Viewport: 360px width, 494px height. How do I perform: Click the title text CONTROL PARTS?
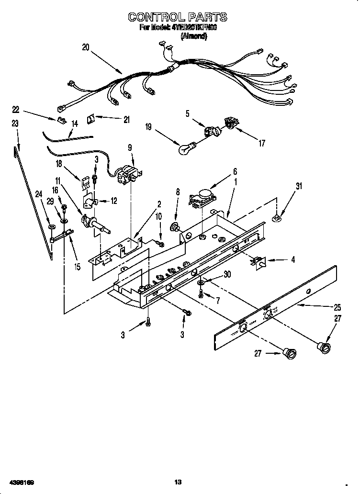[x=178, y=18]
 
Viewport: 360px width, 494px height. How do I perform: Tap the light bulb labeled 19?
[x=185, y=149]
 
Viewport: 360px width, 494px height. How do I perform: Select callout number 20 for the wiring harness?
[x=85, y=47]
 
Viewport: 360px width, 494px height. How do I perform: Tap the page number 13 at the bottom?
[x=178, y=482]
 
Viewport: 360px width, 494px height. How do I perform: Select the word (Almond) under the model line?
[x=193, y=36]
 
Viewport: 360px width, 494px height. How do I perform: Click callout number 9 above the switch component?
[x=129, y=148]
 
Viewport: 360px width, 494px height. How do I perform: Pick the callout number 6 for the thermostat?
[x=235, y=171]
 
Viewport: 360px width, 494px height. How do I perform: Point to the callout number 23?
[x=15, y=123]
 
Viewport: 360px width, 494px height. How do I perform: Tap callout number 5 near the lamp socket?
[x=188, y=113]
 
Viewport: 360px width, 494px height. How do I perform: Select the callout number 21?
[x=126, y=120]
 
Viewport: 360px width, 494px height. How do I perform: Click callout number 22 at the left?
[x=15, y=109]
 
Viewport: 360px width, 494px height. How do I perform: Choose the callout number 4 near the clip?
[x=292, y=260]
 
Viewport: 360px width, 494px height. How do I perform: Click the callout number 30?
[x=227, y=274]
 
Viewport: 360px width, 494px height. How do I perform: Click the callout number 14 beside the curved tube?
[x=74, y=123]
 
